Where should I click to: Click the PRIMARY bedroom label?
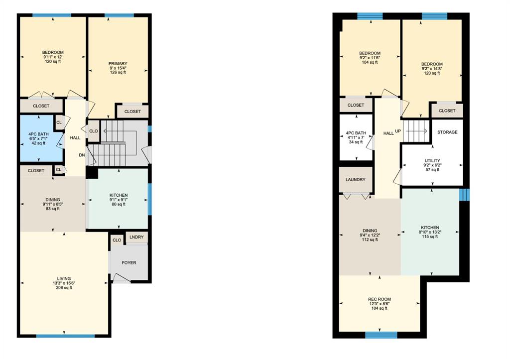point(118,63)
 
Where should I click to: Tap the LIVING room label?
point(64,278)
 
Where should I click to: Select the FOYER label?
point(129,262)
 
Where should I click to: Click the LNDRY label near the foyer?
point(136,237)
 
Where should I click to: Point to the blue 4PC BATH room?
point(38,138)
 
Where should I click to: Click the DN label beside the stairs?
point(82,155)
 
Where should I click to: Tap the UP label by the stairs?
point(398,131)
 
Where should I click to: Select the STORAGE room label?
point(447,132)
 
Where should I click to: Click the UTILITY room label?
point(432,161)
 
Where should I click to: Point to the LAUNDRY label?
point(355,180)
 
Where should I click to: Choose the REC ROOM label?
point(379,299)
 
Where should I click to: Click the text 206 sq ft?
point(64,287)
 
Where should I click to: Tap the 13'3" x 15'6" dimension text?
point(64,283)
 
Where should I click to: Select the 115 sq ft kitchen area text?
point(430,237)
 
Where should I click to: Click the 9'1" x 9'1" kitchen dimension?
point(119,200)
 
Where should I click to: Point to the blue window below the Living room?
point(65,336)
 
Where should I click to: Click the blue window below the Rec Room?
point(381,335)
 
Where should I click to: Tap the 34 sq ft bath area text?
point(356,142)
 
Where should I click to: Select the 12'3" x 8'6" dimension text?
point(379,304)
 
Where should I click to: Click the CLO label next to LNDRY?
point(117,240)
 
